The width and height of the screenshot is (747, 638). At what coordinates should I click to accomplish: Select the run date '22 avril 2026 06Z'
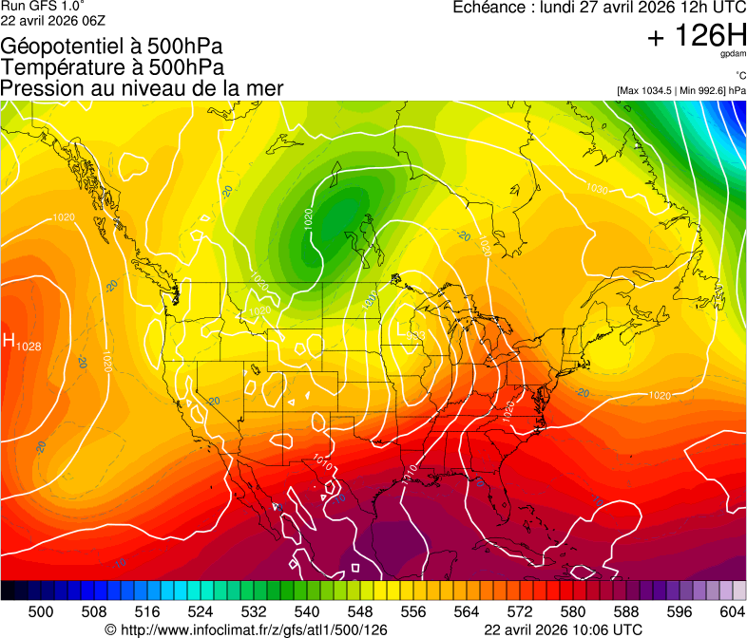[53, 20]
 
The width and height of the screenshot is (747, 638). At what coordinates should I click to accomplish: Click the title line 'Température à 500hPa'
[112, 67]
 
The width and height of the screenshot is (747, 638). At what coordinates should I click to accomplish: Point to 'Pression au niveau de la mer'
[142, 88]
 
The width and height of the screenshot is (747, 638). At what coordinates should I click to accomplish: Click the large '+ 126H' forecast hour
[696, 36]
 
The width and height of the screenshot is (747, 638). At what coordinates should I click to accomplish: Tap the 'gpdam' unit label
[734, 56]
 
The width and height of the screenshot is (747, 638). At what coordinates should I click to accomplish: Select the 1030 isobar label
[597, 189]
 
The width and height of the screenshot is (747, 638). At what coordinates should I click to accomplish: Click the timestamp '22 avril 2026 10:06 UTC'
[563, 629]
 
